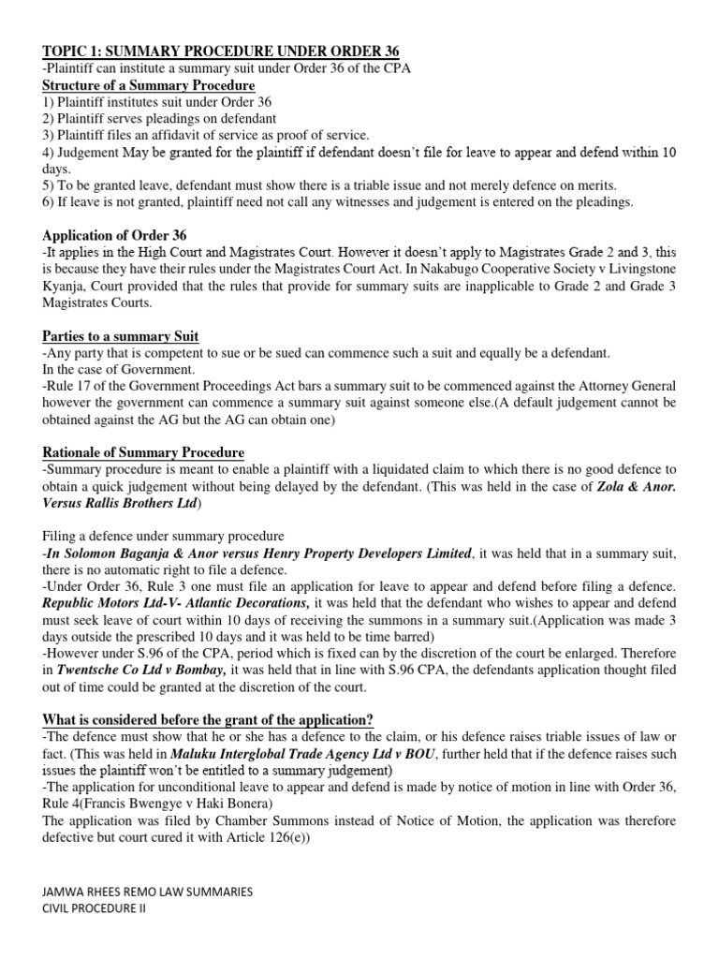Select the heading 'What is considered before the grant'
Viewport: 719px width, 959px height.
click(208, 719)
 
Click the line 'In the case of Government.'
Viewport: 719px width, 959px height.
click(110, 370)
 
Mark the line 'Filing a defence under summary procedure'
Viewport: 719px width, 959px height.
click(163, 536)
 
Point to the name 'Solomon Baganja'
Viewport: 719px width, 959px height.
click(116, 553)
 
